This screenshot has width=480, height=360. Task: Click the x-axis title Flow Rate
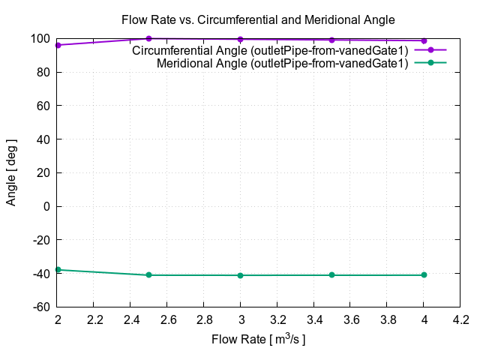(x=259, y=339)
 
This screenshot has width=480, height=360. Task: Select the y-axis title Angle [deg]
(x=11, y=172)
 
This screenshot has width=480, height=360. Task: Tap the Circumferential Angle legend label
(x=270, y=50)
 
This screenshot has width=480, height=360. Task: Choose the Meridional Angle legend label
(x=282, y=63)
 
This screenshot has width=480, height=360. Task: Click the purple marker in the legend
(x=430, y=50)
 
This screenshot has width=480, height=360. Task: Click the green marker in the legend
(x=430, y=63)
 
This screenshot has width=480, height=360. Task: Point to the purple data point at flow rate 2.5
(x=148, y=38)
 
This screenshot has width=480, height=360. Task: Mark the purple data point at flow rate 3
(x=240, y=39)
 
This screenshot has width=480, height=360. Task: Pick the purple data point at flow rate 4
(x=424, y=40)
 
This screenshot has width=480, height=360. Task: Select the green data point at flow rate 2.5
(x=148, y=275)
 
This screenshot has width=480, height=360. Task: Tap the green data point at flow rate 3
(x=240, y=275)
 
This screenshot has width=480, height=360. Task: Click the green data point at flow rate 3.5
(x=331, y=275)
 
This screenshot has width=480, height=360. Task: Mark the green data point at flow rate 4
(x=424, y=275)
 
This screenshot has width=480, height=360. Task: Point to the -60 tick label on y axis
(x=41, y=307)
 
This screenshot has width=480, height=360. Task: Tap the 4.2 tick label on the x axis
(x=460, y=320)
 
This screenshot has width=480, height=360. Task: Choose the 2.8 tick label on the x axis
(x=203, y=320)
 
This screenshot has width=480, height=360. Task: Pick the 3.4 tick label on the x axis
(x=313, y=320)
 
